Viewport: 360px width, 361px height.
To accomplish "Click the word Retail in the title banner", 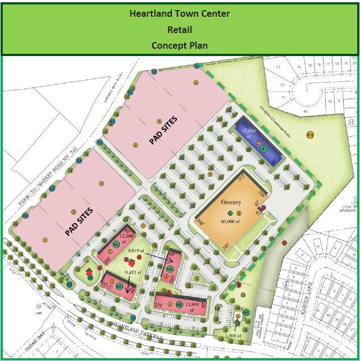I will coord(180,29).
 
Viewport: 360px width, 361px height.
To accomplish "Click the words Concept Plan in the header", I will coord(180,45).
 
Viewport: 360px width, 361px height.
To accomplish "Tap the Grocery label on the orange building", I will coord(231,202).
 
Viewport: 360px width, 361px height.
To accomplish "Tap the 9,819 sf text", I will coord(138,251).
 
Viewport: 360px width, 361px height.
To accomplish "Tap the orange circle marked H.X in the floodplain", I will coord(310,135).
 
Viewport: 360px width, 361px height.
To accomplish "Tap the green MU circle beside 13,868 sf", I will coord(179,304).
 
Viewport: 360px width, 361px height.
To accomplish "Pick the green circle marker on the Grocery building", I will coord(230,213).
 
